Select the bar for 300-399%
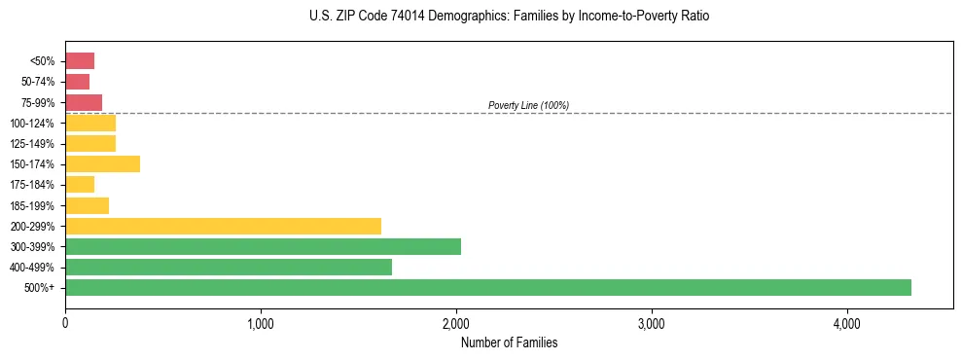263,246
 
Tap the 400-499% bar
229,267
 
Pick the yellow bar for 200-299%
223,226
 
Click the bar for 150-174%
102,163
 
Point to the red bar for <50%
80,60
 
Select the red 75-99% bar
84,102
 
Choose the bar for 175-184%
80,184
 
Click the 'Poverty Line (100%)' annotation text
528,105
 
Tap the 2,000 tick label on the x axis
456,324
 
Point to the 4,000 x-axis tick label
846,324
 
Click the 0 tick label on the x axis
65,324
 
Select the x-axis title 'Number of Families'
509,342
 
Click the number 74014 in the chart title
403,17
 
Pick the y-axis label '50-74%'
38,82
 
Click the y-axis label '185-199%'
33,205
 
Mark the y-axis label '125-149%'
33,143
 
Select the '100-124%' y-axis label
33,123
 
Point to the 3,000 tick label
651,324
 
